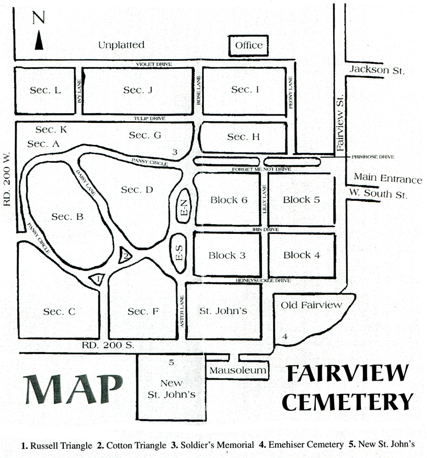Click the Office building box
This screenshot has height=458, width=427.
tap(248, 46)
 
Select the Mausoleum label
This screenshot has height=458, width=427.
tap(237, 370)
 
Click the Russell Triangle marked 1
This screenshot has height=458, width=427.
tap(97, 279)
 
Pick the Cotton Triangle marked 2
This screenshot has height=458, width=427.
tap(124, 255)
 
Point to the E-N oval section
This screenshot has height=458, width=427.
tap(184, 206)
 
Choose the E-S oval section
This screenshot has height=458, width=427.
tap(179, 253)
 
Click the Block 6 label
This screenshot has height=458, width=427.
tap(229, 200)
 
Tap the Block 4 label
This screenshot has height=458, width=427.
tap(302, 255)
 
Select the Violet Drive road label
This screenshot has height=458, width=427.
tap(154, 64)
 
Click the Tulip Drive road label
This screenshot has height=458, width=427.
tap(150, 118)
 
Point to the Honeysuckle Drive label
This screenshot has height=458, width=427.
tap(264, 280)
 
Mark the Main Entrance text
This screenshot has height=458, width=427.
tap(388, 178)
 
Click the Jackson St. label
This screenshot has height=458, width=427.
tap(377, 70)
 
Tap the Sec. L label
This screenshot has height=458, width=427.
tap(46, 90)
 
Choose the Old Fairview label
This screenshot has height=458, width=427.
tap(311, 305)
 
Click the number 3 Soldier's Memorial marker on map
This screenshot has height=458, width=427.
tap(175, 152)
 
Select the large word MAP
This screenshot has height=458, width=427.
tap(73, 389)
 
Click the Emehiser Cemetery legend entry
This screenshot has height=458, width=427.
tap(301, 445)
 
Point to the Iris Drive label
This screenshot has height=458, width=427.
tap(265, 230)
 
